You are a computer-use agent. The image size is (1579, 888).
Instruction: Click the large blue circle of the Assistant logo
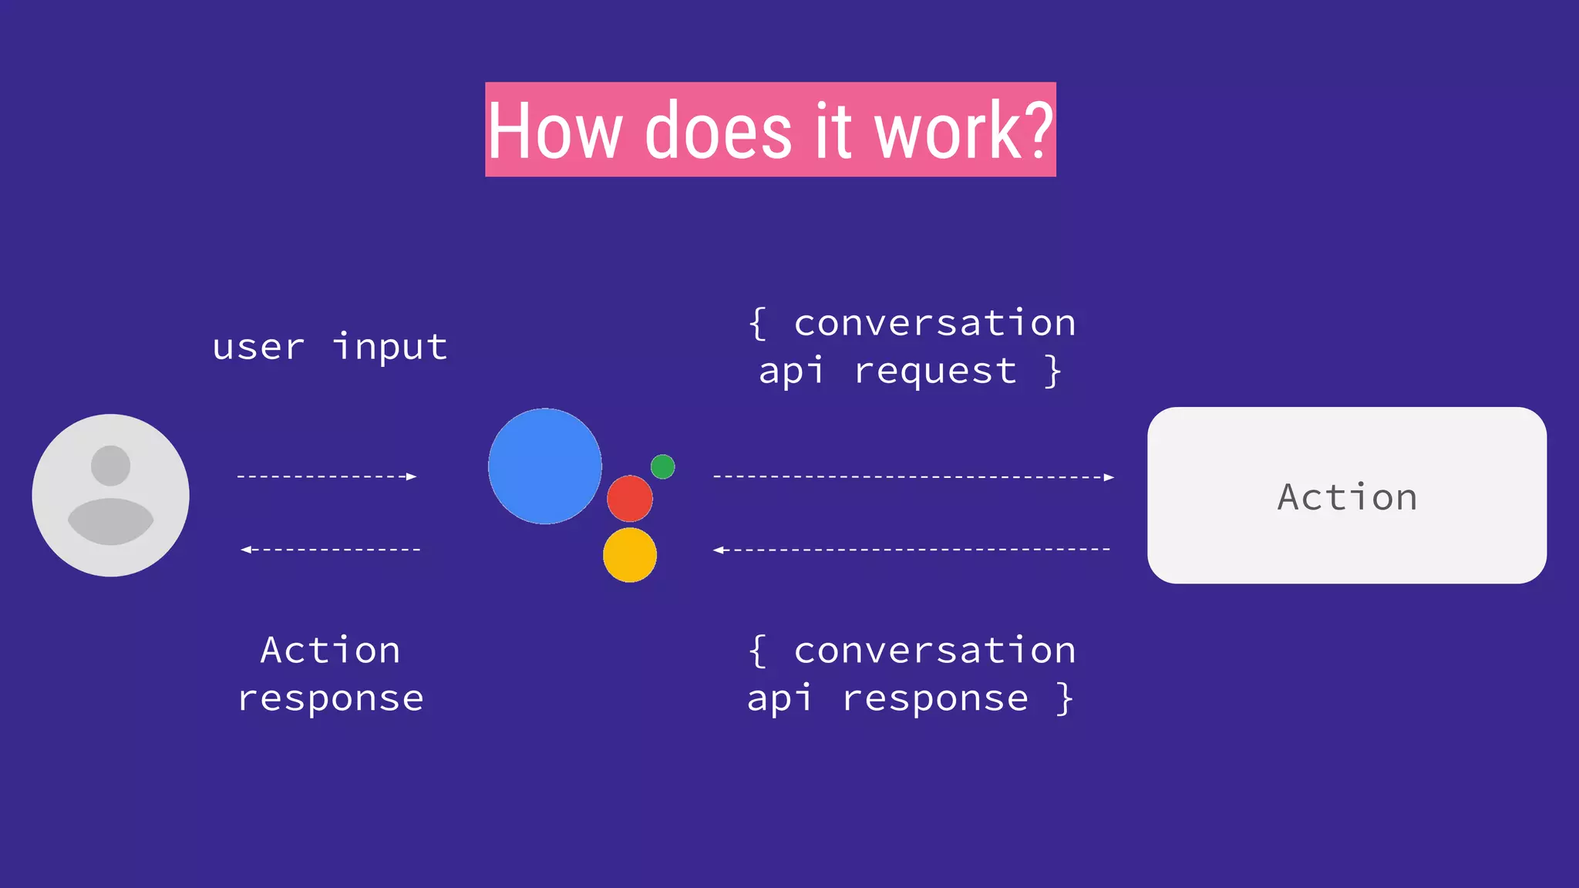(x=545, y=466)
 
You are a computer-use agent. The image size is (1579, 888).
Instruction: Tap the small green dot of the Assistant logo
(x=662, y=466)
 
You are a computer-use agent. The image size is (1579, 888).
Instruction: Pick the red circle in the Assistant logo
(x=629, y=499)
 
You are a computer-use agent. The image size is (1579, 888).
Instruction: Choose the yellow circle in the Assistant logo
(x=629, y=555)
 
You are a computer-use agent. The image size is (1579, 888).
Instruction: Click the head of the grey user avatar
(x=110, y=466)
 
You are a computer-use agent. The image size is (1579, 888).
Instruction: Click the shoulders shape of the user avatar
(x=110, y=522)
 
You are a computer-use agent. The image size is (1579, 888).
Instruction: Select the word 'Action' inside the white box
(x=1347, y=497)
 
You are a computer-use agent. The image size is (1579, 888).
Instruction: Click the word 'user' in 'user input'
(x=258, y=347)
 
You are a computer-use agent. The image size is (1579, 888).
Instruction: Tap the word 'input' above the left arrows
(x=390, y=347)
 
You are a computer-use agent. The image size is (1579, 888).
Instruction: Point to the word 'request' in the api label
(x=935, y=371)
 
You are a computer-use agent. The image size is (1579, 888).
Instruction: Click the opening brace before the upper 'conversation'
(x=758, y=323)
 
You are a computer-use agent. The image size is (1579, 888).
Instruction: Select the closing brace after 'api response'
(x=1065, y=698)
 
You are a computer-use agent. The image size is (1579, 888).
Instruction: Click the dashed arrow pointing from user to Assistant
(x=327, y=476)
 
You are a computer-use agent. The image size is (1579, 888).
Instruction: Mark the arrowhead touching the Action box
(x=1109, y=477)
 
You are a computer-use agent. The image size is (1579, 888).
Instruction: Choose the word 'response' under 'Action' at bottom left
(x=331, y=698)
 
